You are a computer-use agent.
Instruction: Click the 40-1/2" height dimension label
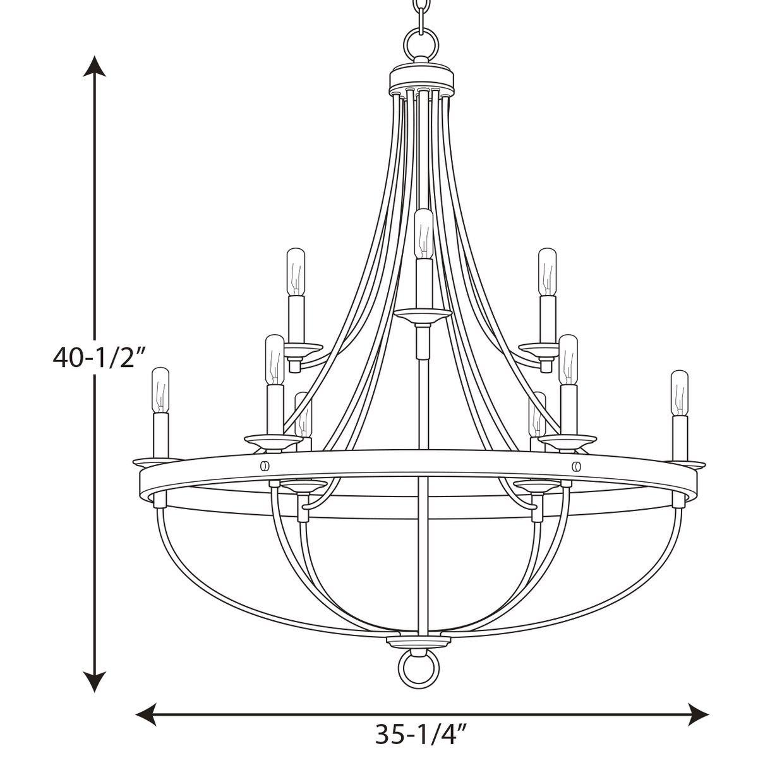tap(100, 358)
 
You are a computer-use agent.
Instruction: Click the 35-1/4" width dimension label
tap(421, 733)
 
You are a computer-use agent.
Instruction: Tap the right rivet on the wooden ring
tap(576, 466)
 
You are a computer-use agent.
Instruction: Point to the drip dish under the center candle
tap(422, 314)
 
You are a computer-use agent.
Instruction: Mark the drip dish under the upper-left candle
tap(301, 348)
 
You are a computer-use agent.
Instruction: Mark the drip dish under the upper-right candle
tap(541, 348)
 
